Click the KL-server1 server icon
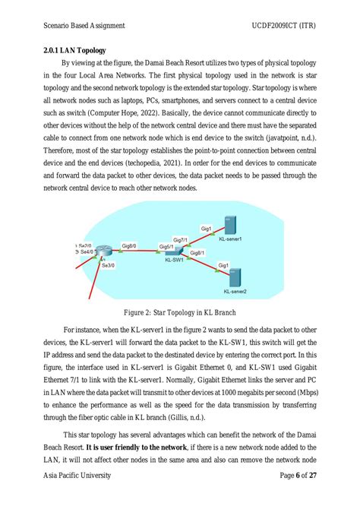click(x=230, y=226)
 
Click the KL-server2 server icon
click(x=235, y=278)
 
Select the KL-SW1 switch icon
click(x=174, y=251)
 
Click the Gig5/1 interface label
click(x=166, y=247)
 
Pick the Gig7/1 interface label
click(x=180, y=239)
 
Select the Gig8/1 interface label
click(x=196, y=253)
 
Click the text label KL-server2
click(x=235, y=291)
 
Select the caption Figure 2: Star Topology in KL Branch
click(x=179, y=311)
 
